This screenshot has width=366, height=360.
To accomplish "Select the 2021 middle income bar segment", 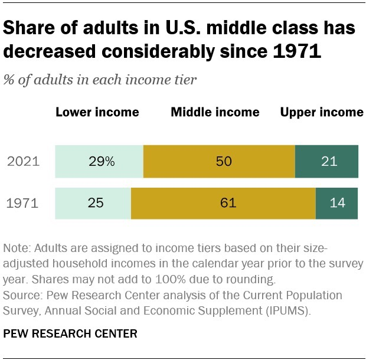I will (219, 161).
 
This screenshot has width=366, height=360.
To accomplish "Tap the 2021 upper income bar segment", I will (326, 161).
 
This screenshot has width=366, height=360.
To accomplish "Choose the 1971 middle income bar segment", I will (223, 204).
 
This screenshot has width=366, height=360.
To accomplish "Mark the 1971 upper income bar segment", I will (336, 204).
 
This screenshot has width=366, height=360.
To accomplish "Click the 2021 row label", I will (24, 162).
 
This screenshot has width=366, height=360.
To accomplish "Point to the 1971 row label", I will (24, 204).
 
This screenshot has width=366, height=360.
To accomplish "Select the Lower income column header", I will (97, 112).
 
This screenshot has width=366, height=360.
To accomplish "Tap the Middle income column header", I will (215, 112).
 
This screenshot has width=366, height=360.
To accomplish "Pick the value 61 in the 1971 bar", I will (228, 204).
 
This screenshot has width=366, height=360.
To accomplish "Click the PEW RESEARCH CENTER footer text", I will (70, 334).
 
